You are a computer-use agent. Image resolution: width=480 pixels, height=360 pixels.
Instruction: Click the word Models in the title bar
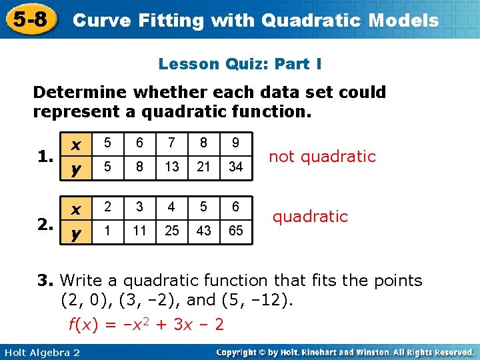pyautogui.click(x=403, y=20)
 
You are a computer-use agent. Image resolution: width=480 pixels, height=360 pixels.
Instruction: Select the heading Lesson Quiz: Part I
pyautogui.click(x=240, y=64)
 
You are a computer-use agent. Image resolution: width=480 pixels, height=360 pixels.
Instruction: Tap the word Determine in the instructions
pyautogui.click(x=75, y=92)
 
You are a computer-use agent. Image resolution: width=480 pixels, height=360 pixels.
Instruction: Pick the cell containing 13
pyautogui.click(x=172, y=166)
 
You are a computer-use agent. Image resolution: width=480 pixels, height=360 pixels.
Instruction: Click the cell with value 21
pyautogui.click(x=204, y=166)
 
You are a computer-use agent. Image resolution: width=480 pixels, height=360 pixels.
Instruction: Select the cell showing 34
pyautogui.click(x=235, y=166)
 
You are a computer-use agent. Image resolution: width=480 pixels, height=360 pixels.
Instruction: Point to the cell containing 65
pyautogui.click(x=235, y=231)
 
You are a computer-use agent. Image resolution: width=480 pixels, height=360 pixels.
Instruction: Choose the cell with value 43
pyautogui.click(x=204, y=231)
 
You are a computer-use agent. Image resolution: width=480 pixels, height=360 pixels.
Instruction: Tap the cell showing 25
pyautogui.click(x=172, y=231)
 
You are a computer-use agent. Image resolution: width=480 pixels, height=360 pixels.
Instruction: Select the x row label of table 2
pyautogui.click(x=77, y=209)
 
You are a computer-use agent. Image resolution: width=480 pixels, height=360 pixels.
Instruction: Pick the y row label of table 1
pyautogui.click(x=77, y=169)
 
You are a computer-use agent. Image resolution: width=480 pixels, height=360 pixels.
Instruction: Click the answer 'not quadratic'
pyautogui.click(x=322, y=157)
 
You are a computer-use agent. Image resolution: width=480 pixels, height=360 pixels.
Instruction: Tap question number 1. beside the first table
pyautogui.click(x=45, y=157)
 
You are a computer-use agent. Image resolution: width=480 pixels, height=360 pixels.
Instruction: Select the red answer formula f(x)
pyautogui.click(x=147, y=325)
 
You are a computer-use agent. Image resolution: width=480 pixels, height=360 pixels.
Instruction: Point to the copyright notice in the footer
pyautogui.click(x=345, y=352)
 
